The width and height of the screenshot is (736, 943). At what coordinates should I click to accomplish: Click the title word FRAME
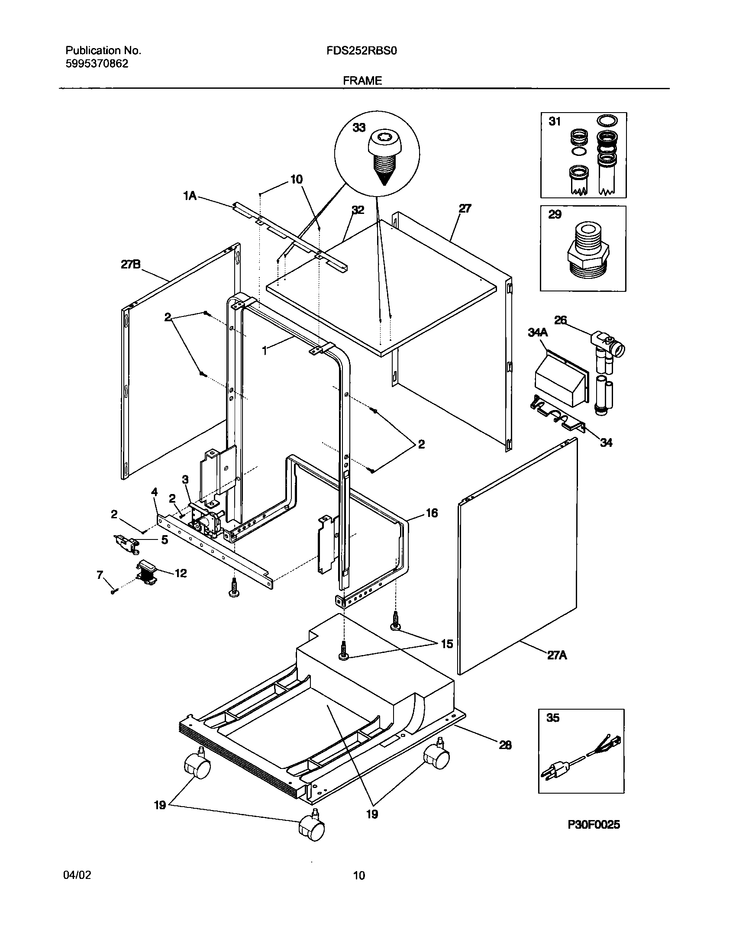362,81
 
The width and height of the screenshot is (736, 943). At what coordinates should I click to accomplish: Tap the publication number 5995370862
97,64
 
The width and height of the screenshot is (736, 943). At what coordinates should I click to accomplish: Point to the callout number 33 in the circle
359,128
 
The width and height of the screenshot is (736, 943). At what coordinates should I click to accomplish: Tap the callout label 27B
130,264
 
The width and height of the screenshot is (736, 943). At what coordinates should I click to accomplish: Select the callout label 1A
190,196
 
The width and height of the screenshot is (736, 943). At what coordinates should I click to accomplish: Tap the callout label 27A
557,667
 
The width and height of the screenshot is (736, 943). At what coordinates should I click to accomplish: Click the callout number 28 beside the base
505,745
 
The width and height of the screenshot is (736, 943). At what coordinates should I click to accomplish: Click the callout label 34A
538,333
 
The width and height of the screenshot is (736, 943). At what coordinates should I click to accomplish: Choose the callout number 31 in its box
555,122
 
